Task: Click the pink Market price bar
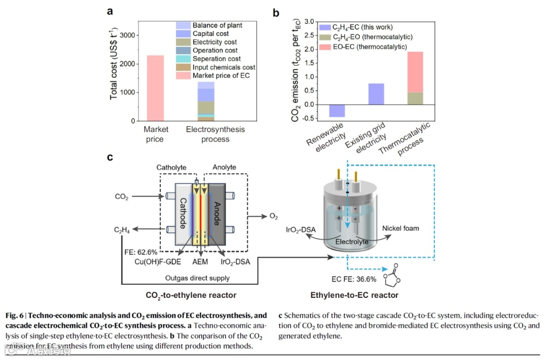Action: tap(155, 88)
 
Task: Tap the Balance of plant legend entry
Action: tap(217, 25)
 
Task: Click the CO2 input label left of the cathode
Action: tap(122, 197)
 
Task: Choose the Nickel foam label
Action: tap(401, 228)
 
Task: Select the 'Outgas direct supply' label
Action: tap(197, 278)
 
